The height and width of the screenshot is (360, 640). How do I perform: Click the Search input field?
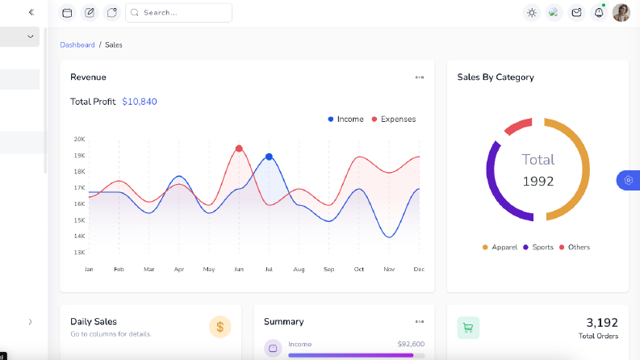click(179, 13)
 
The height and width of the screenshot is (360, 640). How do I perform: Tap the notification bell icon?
click(599, 13)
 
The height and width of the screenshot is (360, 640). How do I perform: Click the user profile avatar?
click(621, 13)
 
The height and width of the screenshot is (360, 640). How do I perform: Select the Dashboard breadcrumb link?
click(77, 45)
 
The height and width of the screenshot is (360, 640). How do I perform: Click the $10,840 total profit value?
click(140, 102)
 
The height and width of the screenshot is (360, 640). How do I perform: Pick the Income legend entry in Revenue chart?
click(345, 119)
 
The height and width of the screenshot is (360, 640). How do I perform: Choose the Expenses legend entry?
click(394, 119)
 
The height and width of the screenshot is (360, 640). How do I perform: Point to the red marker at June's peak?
click(239, 149)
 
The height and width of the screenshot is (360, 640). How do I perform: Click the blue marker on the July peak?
click(269, 157)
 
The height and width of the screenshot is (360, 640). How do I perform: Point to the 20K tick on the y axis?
click(79, 139)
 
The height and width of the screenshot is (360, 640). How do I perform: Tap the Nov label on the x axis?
click(389, 270)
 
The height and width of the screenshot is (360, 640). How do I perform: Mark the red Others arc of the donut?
click(517, 125)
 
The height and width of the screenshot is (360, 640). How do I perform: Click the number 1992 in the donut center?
click(538, 182)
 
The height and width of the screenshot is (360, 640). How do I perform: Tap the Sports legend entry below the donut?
click(538, 247)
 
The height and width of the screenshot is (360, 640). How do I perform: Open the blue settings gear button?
click(628, 180)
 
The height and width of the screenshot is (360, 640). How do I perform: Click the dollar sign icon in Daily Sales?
click(220, 327)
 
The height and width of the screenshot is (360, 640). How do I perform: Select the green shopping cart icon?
click(468, 328)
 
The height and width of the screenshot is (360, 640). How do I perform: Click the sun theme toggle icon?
click(531, 13)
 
